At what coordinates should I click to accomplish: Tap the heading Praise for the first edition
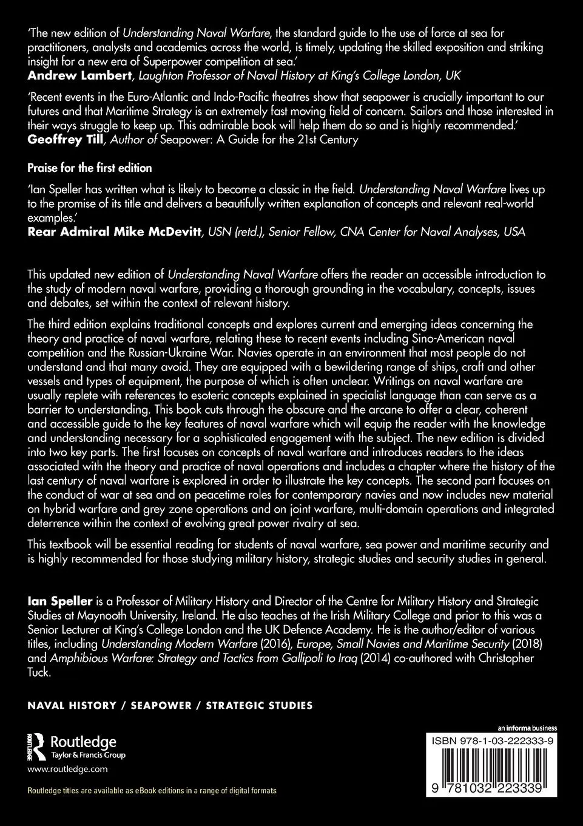coord(90,167)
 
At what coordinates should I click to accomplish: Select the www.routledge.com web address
coord(68,768)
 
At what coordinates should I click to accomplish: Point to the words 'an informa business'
coord(527,728)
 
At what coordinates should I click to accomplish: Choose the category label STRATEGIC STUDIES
coord(259,706)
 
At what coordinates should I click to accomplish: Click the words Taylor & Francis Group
coord(88,755)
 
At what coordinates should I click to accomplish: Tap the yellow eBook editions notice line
coord(152,790)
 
